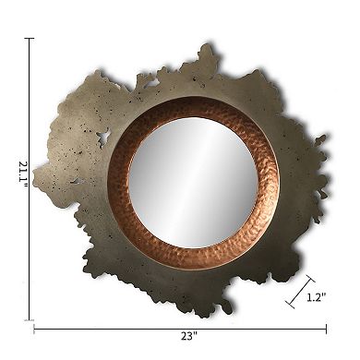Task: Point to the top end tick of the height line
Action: [x=30, y=38]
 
